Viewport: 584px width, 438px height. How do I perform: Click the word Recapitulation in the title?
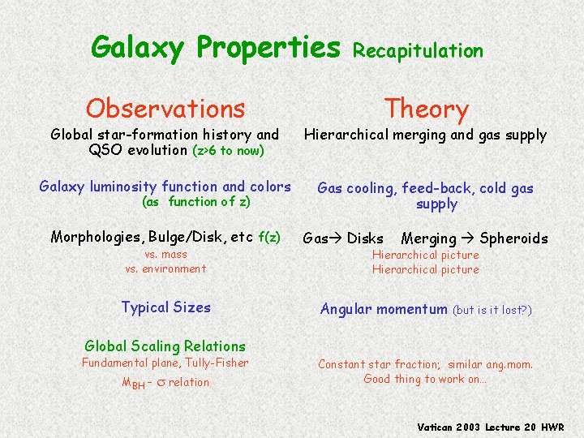(x=419, y=51)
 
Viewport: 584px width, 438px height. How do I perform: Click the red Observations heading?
(x=165, y=108)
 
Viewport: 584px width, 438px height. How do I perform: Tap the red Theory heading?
(x=426, y=108)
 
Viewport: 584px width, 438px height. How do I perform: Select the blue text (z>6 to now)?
(x=228, y=151)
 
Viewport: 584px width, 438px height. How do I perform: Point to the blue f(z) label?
(x=269, y=237)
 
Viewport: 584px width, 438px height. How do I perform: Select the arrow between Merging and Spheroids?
(x=468, y=238)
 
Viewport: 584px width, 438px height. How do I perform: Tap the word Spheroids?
(x=513, y=238)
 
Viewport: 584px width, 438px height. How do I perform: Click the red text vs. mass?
(x=165, y=255)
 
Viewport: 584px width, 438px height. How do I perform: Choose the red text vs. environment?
(x=165, y=268)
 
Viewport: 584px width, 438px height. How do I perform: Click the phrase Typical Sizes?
(x=165, y=307)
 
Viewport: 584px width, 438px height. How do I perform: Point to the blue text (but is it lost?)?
(x=492, y=310)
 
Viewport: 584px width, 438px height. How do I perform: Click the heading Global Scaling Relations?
(x=165, y=346)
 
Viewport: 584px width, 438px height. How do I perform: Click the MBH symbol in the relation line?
(x=133, y=384)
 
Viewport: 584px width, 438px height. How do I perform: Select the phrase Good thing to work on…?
(x=425, y=379)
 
